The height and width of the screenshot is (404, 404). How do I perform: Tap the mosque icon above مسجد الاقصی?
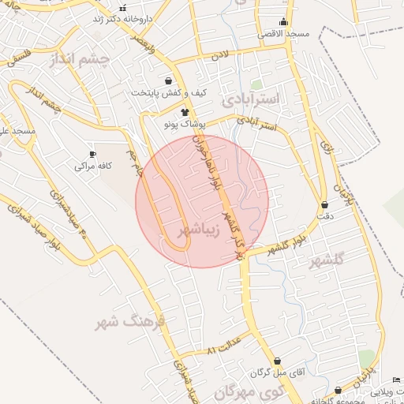[283, 22]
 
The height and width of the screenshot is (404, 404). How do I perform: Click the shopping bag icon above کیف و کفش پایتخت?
[168, 81]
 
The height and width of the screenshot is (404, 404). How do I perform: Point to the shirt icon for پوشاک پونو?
[185, 113]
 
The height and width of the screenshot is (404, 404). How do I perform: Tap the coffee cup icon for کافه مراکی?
[92, 154]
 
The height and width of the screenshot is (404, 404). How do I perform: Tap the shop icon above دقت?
[324, 204]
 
